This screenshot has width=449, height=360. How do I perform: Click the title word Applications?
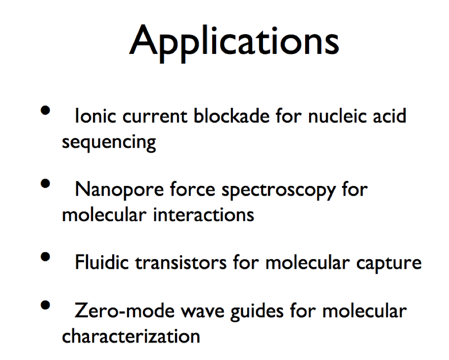click(x=234, y=43)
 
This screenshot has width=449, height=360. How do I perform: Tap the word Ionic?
click(x=96, y=116)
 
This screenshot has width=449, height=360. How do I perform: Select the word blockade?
click(x=232, y=116)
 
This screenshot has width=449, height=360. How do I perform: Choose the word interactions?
click(x=203, y=215)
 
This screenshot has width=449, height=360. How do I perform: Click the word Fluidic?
click(x=102, y=262)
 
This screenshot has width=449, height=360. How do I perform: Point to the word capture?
click(x=389, y=264)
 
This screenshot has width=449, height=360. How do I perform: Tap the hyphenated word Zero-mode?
click(x=124, y=310)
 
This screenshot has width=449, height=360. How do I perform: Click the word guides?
click(x=257, y=312)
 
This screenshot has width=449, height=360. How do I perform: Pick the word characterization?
click(x=131, y=336)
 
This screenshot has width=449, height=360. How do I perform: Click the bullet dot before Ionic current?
click(x=45, y=110)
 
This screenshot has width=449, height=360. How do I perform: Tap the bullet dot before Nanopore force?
click(x=45, y=184)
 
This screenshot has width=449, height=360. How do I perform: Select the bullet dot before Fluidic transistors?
click(x=45, y=257)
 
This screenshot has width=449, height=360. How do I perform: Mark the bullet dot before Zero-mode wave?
click(x=45, y=305)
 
